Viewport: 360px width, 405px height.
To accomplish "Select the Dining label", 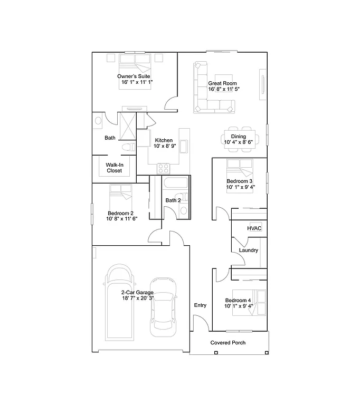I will point(239,136).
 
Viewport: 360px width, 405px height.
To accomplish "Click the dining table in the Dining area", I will point(239,138).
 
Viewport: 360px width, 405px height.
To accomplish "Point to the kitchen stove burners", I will point(164,169).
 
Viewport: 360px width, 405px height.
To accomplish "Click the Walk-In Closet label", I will point(114,168).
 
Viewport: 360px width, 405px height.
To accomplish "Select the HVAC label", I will point(255,228).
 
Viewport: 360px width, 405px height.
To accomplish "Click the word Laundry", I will point(248,250).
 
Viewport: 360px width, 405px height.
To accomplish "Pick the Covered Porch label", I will point(228,343).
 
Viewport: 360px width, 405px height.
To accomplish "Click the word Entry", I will point(201,305).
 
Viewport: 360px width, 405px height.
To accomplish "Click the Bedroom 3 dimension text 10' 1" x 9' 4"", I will point(241,187).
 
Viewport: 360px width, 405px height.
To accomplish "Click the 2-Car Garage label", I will point(137,292).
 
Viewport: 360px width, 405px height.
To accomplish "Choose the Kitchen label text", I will point(163,140).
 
